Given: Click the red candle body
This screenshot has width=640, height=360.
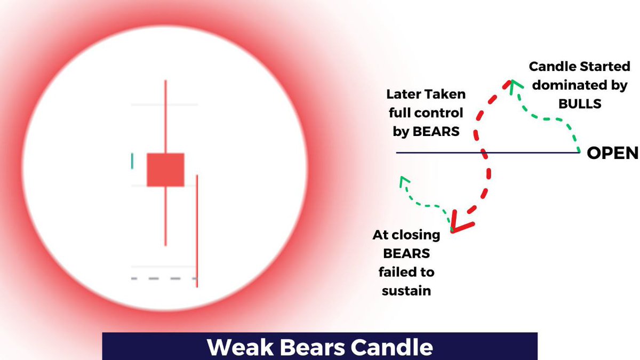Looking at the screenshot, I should pyautogui.click(x=165, y=170).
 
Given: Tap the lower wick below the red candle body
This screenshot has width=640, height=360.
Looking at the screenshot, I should pyautogui.click(x=166, y=216).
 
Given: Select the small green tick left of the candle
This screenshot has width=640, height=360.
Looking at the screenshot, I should pyautogui.click(x=132, y=161).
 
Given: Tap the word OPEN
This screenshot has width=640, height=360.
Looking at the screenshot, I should pyautogui.click(x=612, y=154).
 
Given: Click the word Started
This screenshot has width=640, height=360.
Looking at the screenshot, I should pyautogui.click(x=601, y=68).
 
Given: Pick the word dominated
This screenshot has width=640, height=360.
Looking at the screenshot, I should pyautogui.click(x=573, y=86).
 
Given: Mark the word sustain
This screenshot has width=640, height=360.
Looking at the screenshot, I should pyautogui.click(x=407, y=291).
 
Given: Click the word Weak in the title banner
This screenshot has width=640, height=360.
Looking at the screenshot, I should pyautogui.click(x=238, y=348).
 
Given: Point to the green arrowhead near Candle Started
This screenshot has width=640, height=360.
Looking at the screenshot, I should pyautogui.click(x=513, y=84).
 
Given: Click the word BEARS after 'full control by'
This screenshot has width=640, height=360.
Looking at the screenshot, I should pyautogui.click(x=437, y=131).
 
